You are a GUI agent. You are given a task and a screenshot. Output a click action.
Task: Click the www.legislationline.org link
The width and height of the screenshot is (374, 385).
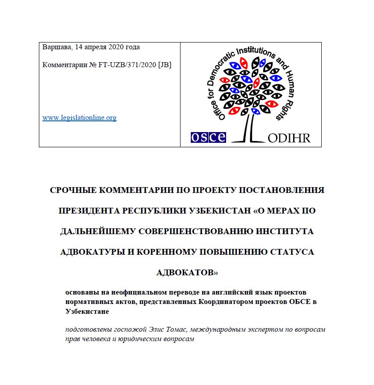(80, 118)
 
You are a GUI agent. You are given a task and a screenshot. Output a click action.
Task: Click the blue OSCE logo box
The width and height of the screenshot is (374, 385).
(208, 137)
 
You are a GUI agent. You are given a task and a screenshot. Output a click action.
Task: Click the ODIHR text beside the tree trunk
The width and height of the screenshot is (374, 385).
(289, 137)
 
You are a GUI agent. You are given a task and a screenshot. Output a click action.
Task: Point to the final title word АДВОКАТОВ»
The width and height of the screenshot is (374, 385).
(187, 272)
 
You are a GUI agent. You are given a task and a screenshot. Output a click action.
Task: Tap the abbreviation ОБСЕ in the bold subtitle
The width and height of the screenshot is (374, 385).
(301, 302)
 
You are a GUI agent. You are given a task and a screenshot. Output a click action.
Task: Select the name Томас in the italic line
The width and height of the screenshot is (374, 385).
(165, 330)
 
